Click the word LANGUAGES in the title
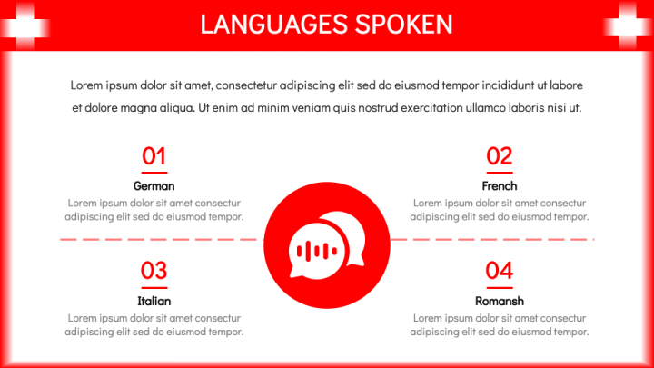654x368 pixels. (x=274, y=25)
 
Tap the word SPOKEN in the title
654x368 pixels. (x=403, y=25)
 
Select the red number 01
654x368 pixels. (x=154, y=156)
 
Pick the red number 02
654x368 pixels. (x=500, y=156)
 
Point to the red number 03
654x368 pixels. (x=154, y=271)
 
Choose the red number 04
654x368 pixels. (x=500, y=271)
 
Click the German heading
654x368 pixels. (x=154, y=186)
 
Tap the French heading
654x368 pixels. (x=500, y=186)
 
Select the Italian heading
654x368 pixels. (x=154, y=301)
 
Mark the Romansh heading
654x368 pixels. (x=500, y=301)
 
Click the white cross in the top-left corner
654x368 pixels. (x=25, y=26)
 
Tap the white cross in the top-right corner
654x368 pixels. (x=629, y=26)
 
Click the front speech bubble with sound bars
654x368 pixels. (x=317, y=251)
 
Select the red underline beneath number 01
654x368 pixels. (x=154, y=173)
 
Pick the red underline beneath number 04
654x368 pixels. (x=500, y=287)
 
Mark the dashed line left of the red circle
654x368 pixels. (x=162, y=240)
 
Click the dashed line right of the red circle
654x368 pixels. (x=492, y=240)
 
